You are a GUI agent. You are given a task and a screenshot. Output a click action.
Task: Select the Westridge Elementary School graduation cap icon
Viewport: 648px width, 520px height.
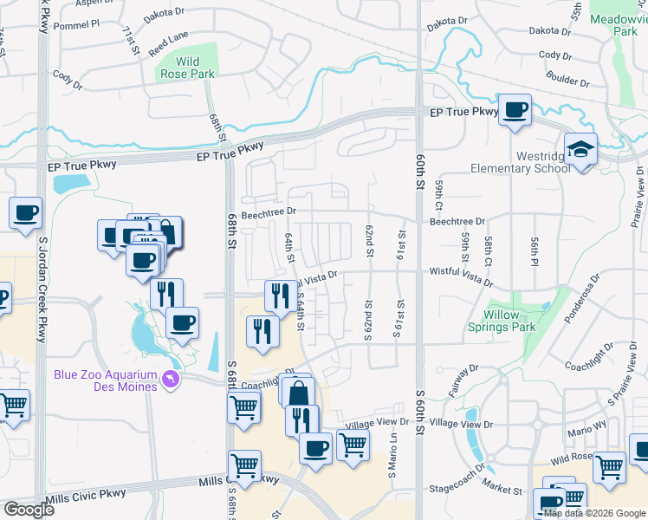(x=580, y=148)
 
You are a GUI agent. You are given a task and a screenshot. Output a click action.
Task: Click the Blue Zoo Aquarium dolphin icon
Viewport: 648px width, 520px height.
(x=171, y=380)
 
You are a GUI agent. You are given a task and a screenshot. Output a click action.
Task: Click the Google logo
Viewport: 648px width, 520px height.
(x=29, y=510)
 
